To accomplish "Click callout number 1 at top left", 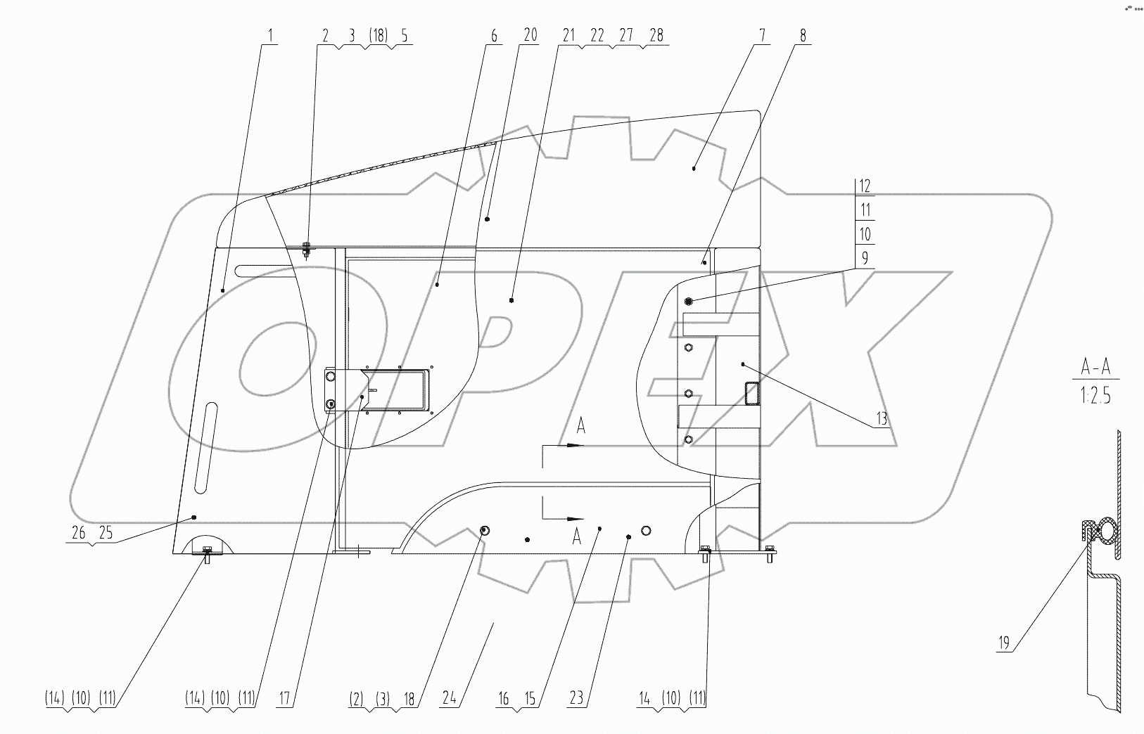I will pyautogui.click(x=271, y=36).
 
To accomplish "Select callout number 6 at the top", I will pyautogui.click(x=494, y=36).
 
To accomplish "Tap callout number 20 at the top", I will pyautogui.click(x=530, y=35).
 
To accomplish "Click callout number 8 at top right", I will pyautogui.click(x=803, y=36).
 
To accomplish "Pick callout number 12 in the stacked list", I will pyautogui.click(x=865, y=186).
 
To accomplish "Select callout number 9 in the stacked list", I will pyautogui.click(x=865, y=258).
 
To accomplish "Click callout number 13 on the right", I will pyautogui.click(x=882, y=420).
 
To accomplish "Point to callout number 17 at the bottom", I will pyautogui.click(x=285, y=700).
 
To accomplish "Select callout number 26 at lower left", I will pyautogui.click(x=79, y=534).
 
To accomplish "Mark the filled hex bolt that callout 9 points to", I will pyautogui.click(x=688, y=301).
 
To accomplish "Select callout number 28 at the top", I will pyautogui.click(x=656, y=36).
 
